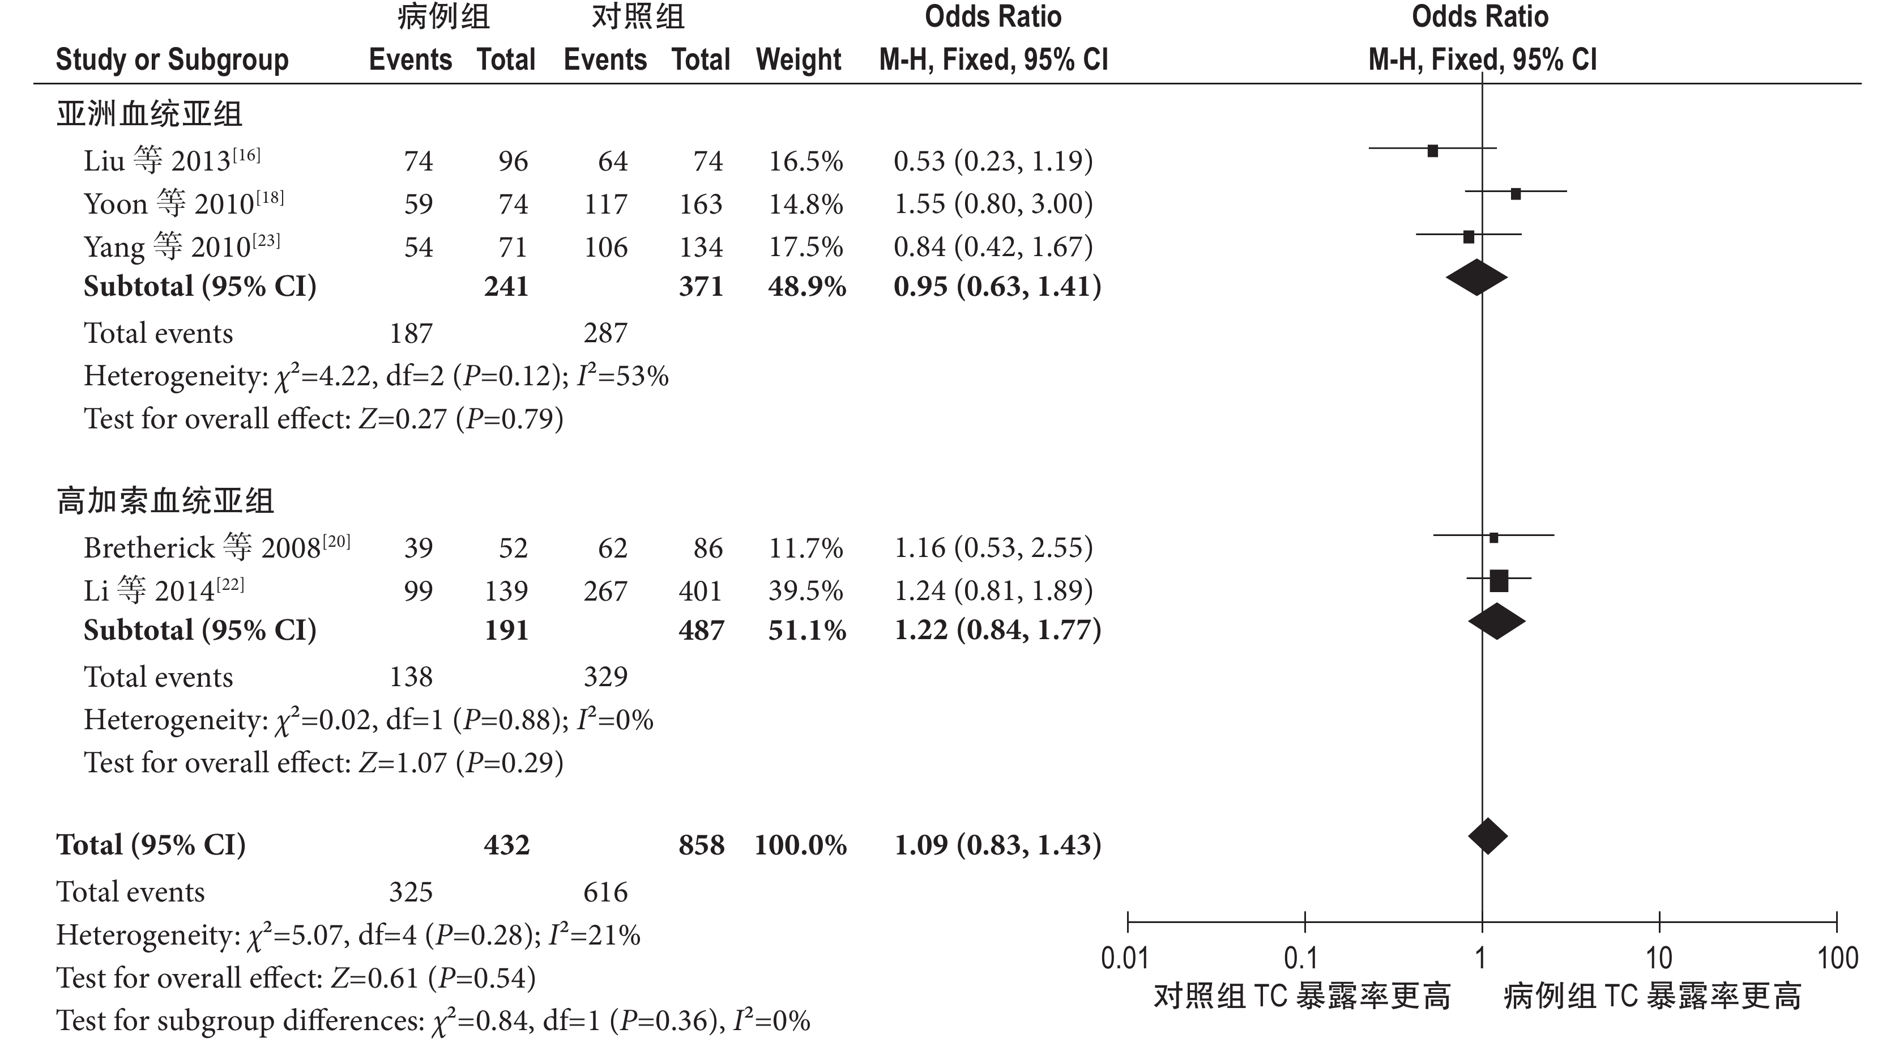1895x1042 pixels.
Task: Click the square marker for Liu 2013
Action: (1432, 151)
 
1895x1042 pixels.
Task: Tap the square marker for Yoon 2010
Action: (1516, 194)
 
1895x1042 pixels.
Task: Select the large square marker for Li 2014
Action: (1499, 581)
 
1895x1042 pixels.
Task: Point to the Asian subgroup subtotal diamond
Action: (1476, 278)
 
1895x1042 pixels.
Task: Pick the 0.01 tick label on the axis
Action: (1125, 958)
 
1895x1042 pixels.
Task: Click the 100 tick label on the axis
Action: (1837, 958)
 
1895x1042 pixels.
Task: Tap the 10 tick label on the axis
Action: (1658, 958)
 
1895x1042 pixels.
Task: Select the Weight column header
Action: (798, 59)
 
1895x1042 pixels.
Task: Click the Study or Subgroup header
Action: (172, 59)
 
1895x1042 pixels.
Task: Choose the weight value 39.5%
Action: (805, 590)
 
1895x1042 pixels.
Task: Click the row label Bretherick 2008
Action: (217, 547)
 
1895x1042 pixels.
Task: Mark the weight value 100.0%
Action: (800, 845)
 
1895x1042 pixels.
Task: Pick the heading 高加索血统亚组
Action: (165, 501)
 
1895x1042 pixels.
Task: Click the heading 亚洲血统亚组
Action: (150, 114)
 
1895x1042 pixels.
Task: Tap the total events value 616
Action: (605, 892)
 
